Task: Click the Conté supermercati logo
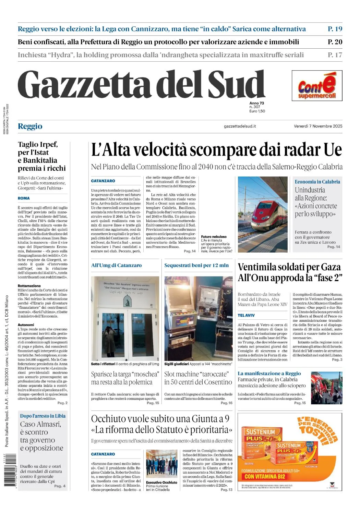click(317, 86)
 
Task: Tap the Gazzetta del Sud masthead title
click(141, 85)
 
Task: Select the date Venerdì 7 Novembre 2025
click(318, 126)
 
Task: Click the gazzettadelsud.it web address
click(240, 126)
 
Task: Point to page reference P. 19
click(335, 29)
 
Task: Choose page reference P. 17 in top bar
click(335, 55)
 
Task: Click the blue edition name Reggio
click(30, 126)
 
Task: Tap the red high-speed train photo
click(263, 215)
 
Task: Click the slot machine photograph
click(198, 318)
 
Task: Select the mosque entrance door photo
click(125, 318)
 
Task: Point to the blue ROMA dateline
click(24, 198)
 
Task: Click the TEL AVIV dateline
click(246, 315)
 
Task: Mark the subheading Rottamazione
click(29, 286)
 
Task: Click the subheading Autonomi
click(26, 325)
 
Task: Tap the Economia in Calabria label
click(317, 182)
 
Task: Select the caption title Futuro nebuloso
click(214, 237)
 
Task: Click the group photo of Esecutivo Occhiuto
click(161, 464)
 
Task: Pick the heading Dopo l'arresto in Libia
click(43, 416)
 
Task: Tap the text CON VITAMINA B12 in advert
click(265, 476)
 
